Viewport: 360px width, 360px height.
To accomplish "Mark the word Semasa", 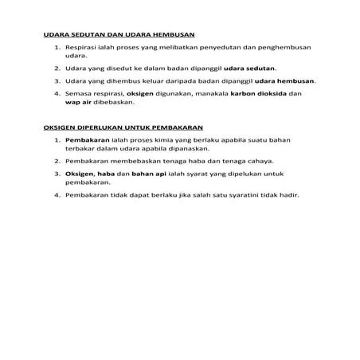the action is pos(80,93).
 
